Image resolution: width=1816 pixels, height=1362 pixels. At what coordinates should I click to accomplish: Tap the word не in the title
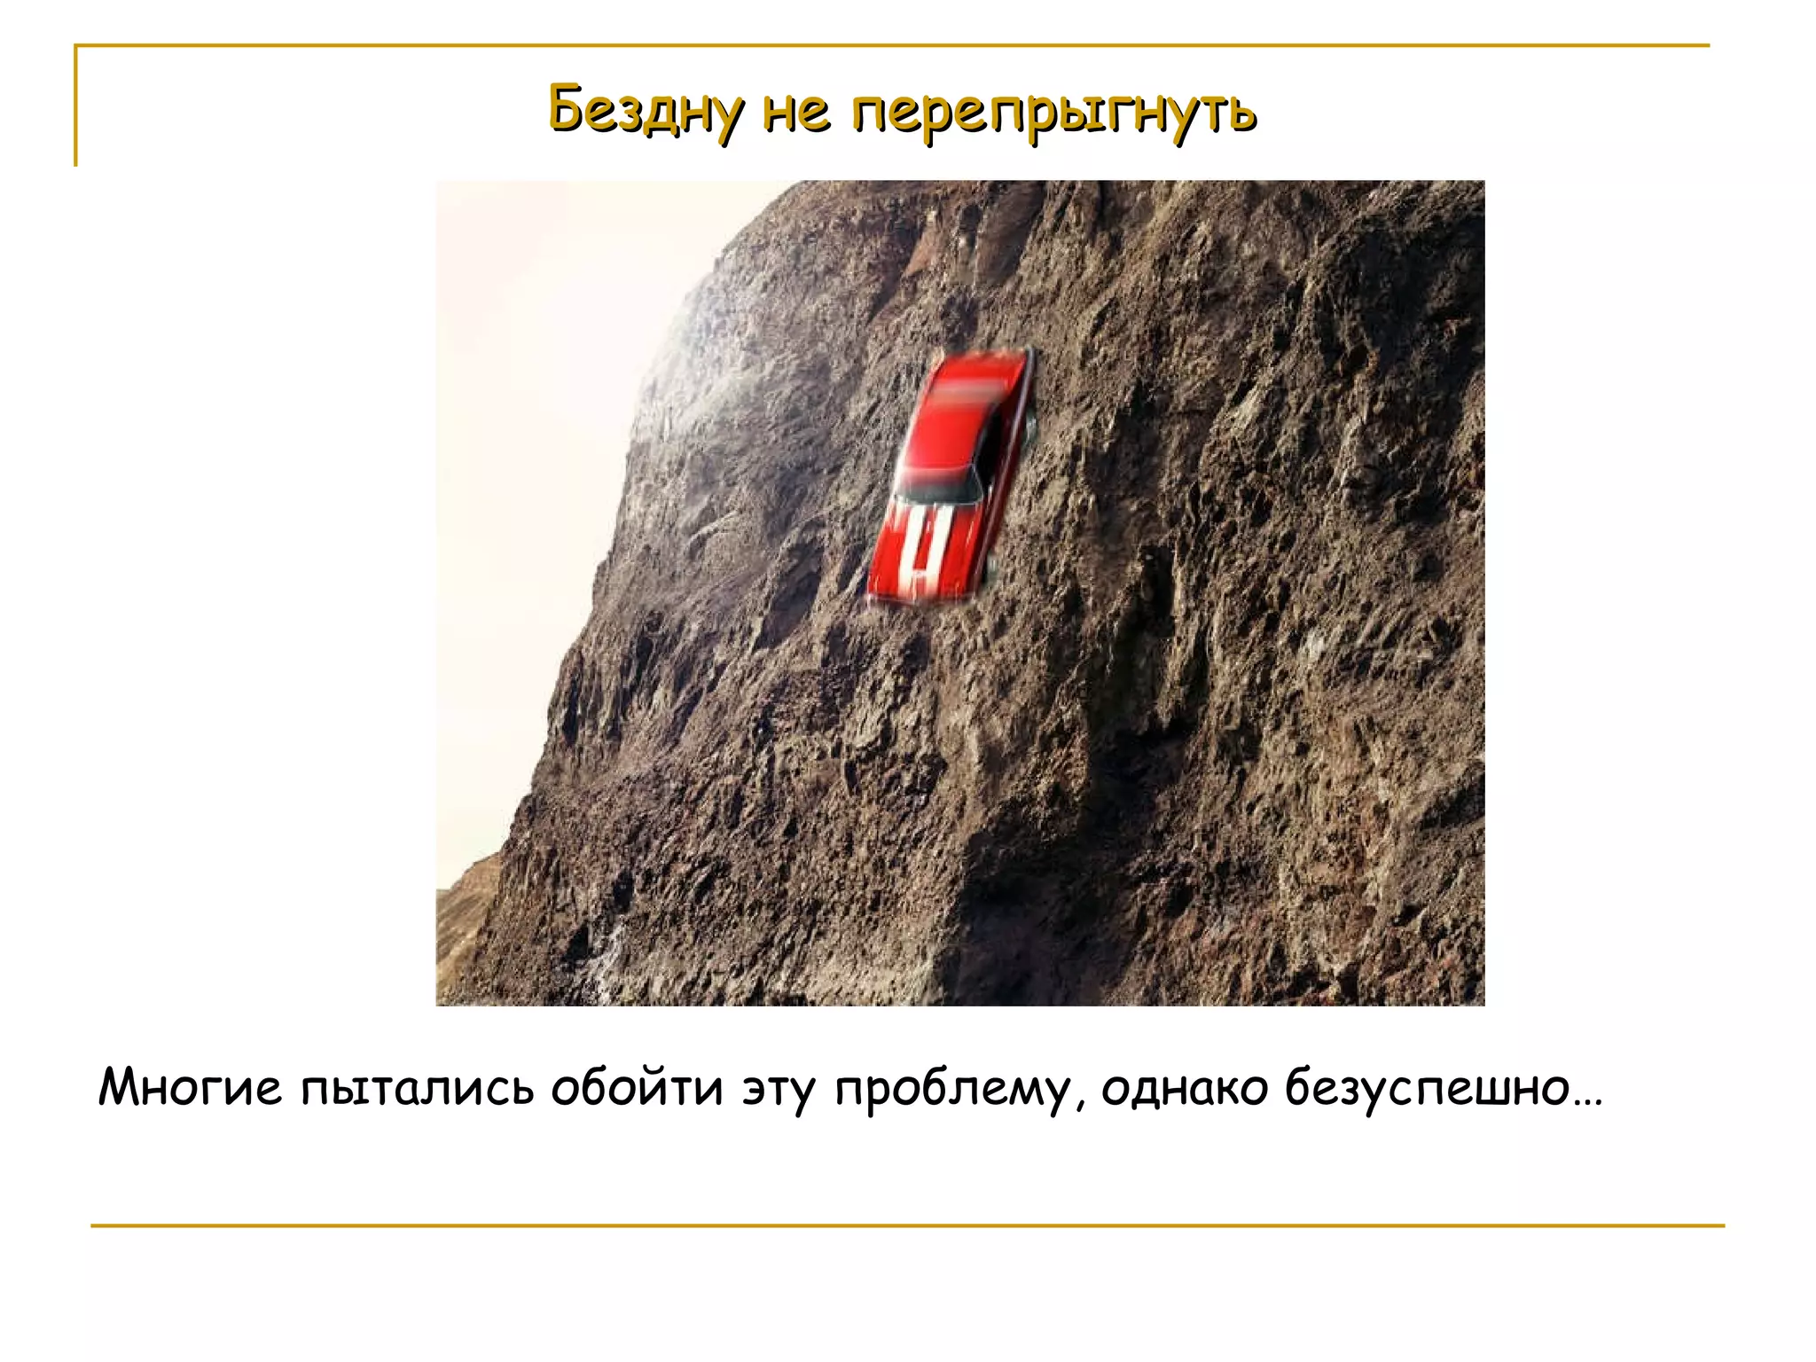pyautogui.click(x=796, y=112)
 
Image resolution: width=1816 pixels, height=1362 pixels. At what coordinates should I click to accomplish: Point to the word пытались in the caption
pyautogui.click(x=417, y=1089)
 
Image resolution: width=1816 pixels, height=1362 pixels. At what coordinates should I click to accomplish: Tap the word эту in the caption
pyautogui.click(x=779, y=1089)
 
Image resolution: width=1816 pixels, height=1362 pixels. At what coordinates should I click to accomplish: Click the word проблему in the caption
pyautogui.click(x=951, y=1089)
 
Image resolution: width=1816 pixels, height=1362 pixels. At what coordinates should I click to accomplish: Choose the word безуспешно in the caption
pyautogui.click(x=1428, y=1089)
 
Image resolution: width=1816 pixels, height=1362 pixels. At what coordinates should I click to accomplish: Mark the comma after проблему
pyautogui.click(x=1079, y=1105)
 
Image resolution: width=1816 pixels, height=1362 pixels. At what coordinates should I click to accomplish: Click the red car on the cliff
pyautogui.click(x=949, y=479)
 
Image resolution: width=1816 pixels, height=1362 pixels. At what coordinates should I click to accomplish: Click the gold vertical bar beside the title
pyautogui.click(x=76, y=106)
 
